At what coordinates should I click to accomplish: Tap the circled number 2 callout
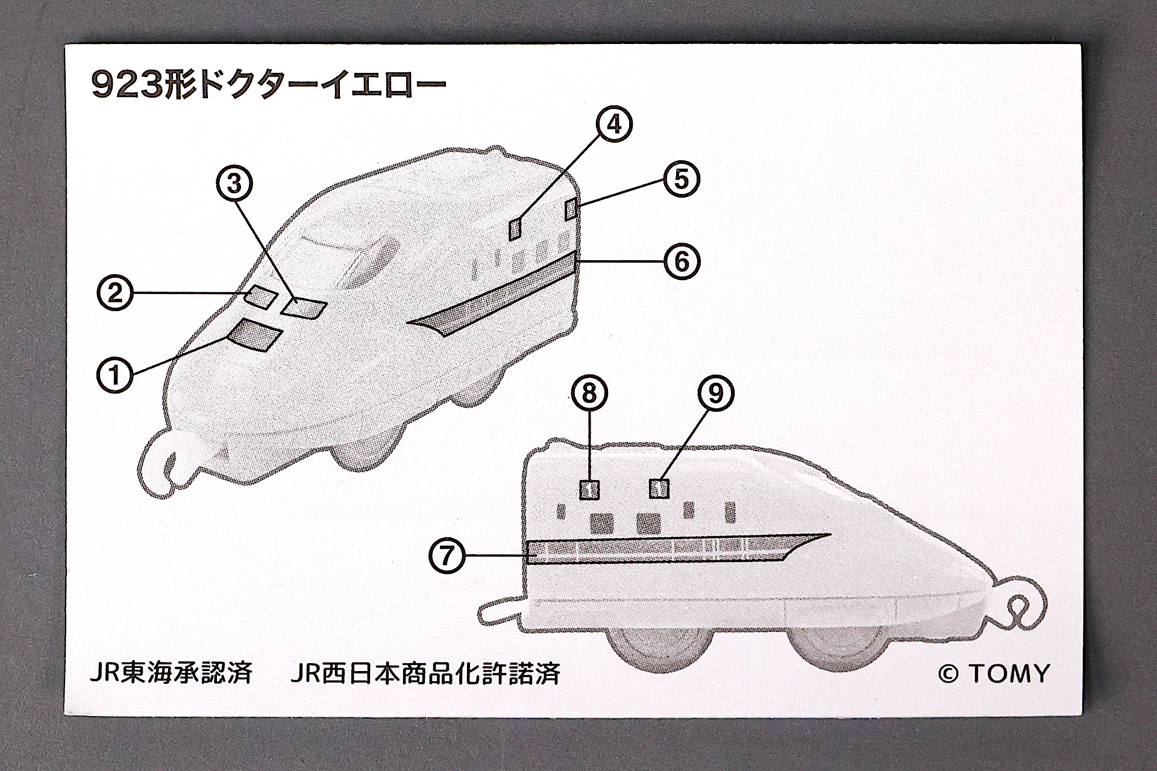tap(114, 293)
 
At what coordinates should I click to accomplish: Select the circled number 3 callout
tap(234, 184)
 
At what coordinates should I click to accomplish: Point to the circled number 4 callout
tap(614, 124)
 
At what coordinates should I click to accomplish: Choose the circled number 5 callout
tap(681, 179)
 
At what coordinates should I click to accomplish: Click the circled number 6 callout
tap(681, 261)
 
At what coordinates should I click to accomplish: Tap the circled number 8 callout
tap(589, 393)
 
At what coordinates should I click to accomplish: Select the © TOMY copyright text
tap(994, 673)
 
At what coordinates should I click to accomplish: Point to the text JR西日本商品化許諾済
tap(425, 673)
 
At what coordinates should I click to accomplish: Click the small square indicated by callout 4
tap(515, 229)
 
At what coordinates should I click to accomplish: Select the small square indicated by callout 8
tap(589, 490)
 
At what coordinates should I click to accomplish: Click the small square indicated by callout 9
tap(659, 489)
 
